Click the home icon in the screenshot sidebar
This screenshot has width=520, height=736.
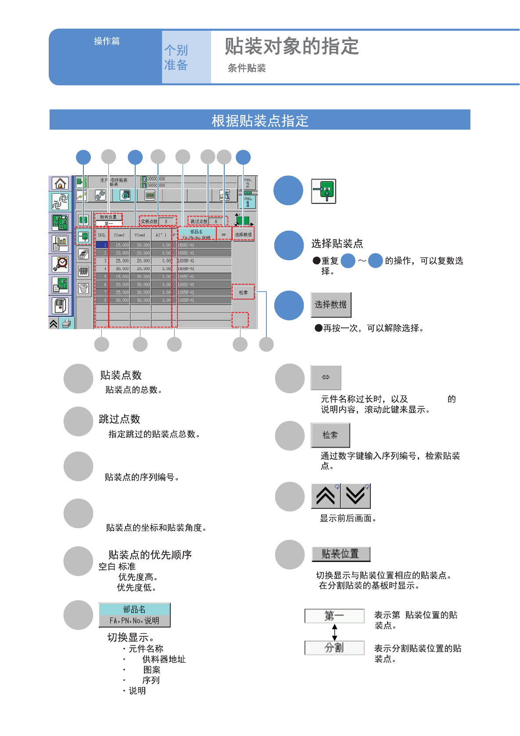(x=60, y=183)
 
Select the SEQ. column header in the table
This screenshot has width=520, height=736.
(x=101, y=235)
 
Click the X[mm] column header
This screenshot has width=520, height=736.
(x=119, y=235)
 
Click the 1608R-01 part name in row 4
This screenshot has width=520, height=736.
(x=186, y=268)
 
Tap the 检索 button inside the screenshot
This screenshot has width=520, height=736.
(x=243, y=292)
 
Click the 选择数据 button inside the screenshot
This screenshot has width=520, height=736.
(x=243, y=235)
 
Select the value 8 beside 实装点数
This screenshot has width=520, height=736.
(x=166, y=221)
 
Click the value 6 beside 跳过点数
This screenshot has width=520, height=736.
(x=216, y=221)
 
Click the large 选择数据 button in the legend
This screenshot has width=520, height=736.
(x=331, y=305)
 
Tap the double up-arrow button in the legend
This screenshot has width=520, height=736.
(x=326, y=496)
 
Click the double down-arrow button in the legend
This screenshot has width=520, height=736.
(x=355, y=496)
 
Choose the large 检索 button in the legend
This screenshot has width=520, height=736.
(x=330, y=435)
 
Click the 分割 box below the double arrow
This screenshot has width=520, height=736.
(x=334, y=648)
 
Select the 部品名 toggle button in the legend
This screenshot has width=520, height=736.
(x=134, y=615)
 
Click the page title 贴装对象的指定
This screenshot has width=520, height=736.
(x=292, y=47)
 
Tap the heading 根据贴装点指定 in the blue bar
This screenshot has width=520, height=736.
(x=260, y=120)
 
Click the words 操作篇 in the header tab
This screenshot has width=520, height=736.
(x=107, y=41)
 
